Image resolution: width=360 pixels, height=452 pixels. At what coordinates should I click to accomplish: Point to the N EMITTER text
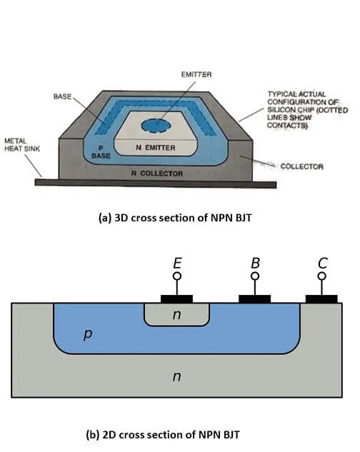[156, 147]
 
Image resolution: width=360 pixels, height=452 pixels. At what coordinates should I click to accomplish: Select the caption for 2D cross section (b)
[176, 433]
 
